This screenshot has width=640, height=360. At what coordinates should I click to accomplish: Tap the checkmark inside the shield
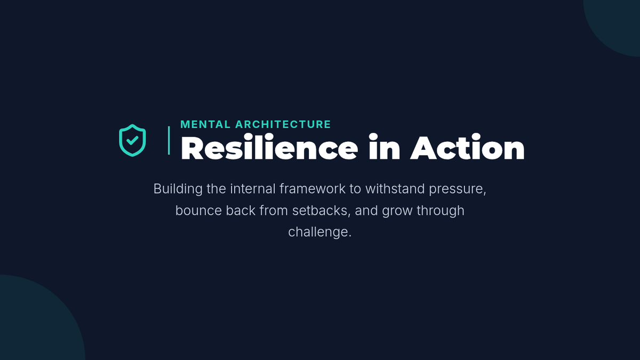132,140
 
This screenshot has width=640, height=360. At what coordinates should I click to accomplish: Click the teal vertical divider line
169,140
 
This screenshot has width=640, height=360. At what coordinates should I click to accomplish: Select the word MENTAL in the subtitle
205,124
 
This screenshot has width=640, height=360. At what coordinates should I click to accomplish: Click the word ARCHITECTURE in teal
283,124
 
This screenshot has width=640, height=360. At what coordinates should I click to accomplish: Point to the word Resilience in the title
269,147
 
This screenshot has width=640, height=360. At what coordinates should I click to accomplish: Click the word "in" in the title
385,147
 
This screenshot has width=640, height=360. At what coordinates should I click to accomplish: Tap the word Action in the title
467,147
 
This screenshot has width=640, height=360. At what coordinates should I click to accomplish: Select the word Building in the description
178,189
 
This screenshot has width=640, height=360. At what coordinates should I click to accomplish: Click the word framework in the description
313,189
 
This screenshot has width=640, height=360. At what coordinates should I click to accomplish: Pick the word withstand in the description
395,189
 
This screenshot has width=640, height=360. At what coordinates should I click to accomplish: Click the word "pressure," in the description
458,189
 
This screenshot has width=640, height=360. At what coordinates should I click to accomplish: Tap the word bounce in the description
198,211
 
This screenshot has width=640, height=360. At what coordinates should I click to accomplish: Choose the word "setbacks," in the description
321,211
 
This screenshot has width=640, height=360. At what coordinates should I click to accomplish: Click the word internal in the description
253,189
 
